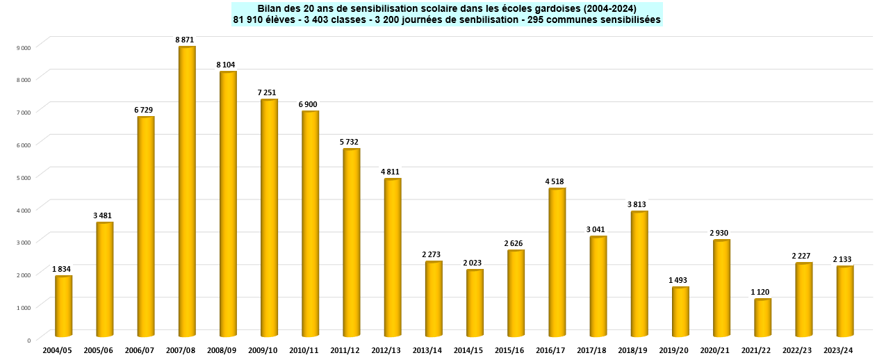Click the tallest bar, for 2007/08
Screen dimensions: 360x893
186,191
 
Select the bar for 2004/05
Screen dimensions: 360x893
63,306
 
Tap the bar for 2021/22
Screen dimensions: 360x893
762,318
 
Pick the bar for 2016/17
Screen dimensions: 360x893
557,262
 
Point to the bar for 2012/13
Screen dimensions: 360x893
392,257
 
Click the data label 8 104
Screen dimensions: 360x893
227,65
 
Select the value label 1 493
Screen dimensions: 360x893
680,280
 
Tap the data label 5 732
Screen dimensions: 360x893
351,142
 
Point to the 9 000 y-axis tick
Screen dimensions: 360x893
24,47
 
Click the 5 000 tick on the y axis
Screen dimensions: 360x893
24,177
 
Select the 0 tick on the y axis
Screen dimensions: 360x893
28,340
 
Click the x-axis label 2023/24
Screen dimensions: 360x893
839,350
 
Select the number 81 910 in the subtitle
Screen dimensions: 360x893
249,19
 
